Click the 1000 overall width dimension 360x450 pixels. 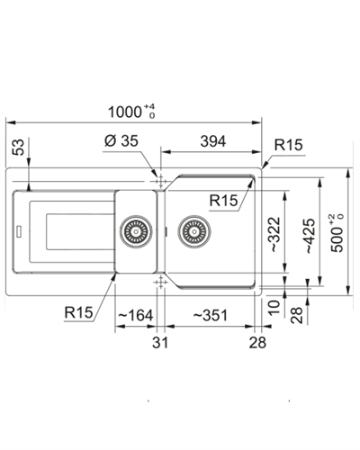tap(131, 112)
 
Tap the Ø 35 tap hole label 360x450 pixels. tap(121, 140)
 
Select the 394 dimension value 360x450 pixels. tap(213, 141)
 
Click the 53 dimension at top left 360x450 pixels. tap(18, 147)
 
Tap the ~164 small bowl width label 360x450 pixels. tap(136, 315)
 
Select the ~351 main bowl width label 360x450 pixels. tap(210, 315)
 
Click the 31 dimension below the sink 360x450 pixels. tap(160, 342)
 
